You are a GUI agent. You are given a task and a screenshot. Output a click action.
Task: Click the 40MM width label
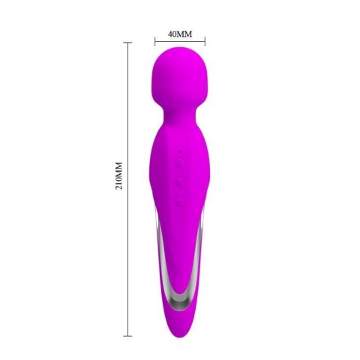pos(180,34)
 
